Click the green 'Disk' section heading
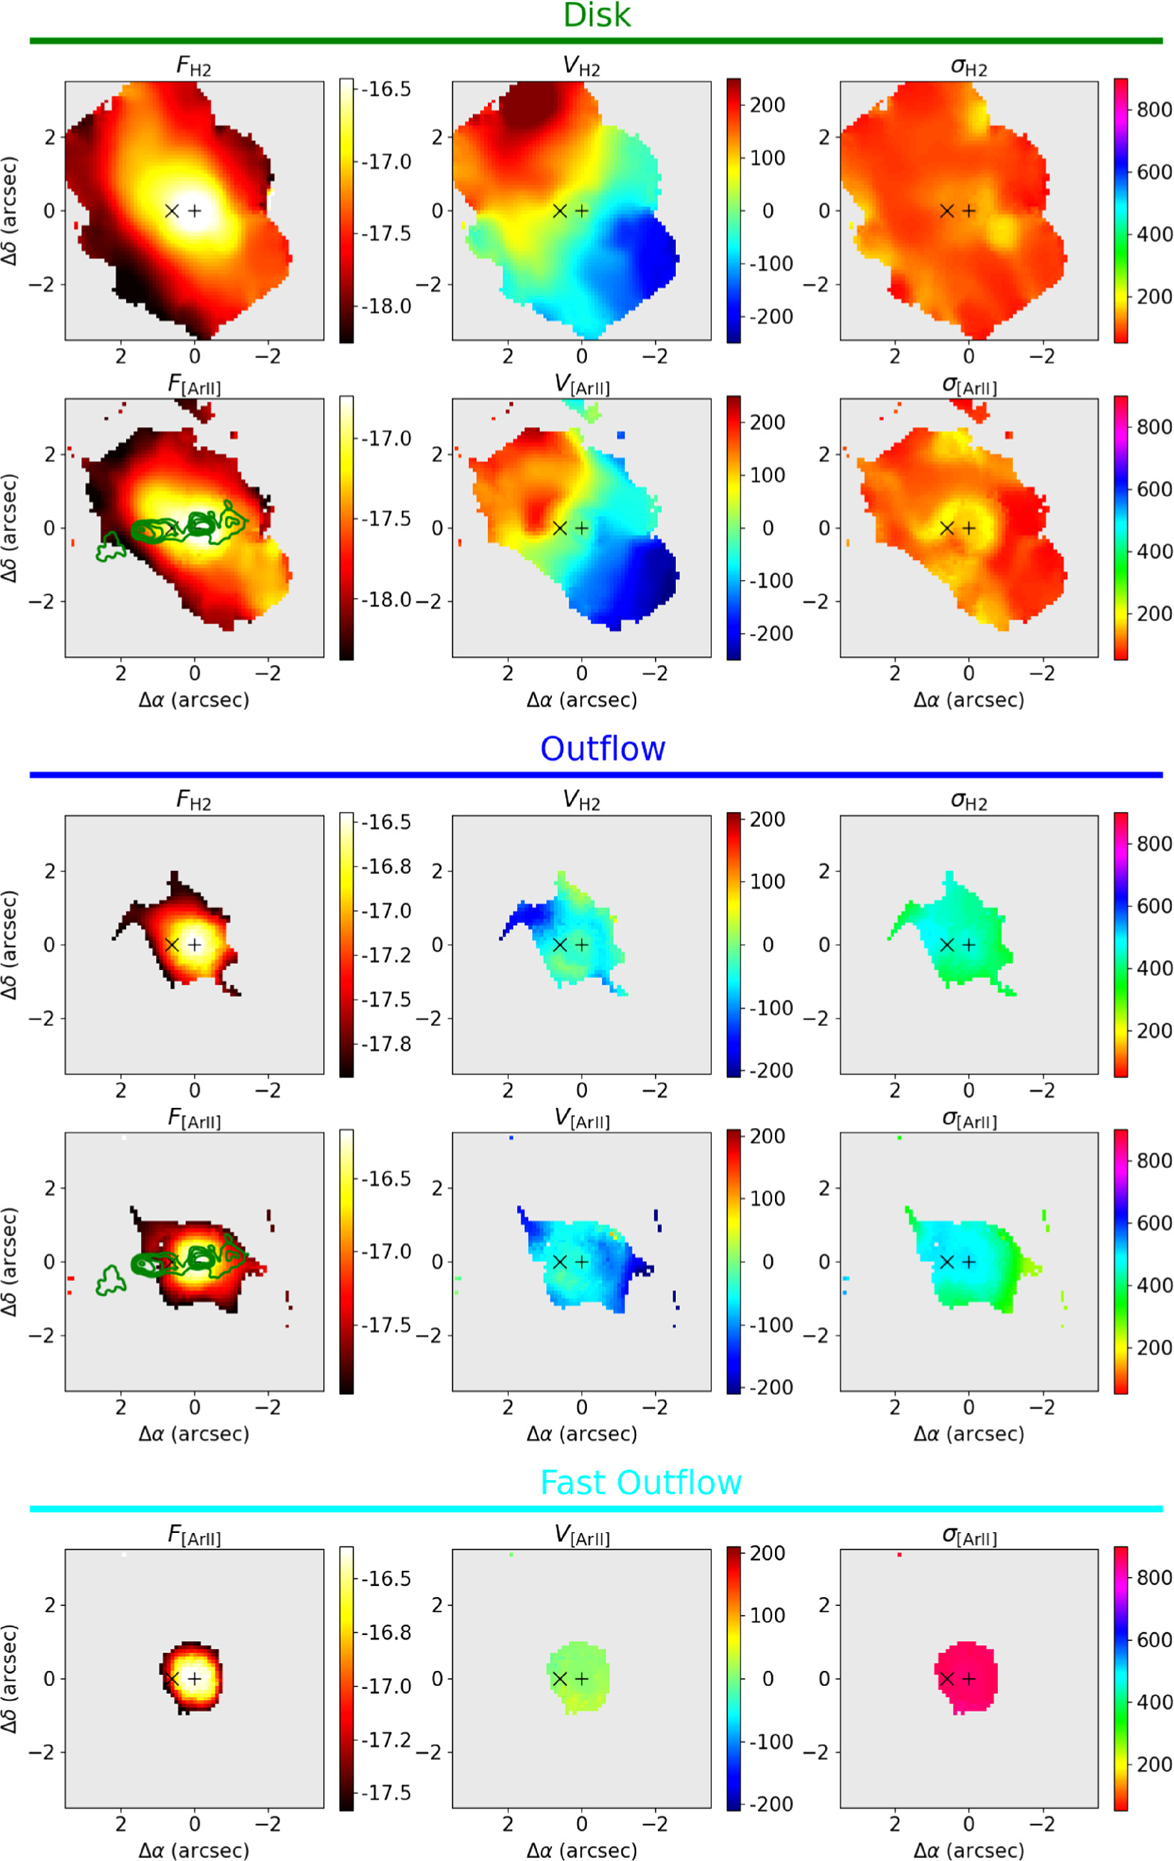pos(597,16)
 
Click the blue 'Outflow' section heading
pos(602,748)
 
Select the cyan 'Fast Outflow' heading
pos(640,1482)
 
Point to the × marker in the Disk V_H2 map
pos(560,210)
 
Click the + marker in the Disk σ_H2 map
pos(969,210)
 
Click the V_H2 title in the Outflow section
pos(581,801)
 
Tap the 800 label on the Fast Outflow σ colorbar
pos(1154,1578)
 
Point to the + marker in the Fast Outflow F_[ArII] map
pos(195,1678)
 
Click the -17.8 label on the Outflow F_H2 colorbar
pos(386,1044)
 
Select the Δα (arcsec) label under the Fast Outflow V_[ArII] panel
pos(581,1850)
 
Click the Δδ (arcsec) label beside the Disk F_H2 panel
pos(10,210)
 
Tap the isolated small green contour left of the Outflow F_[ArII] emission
pos(111,1281)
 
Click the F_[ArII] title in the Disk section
pos(194,384)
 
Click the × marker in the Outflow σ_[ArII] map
pos(947,1262)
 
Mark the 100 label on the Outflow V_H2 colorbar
pos(768,881)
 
